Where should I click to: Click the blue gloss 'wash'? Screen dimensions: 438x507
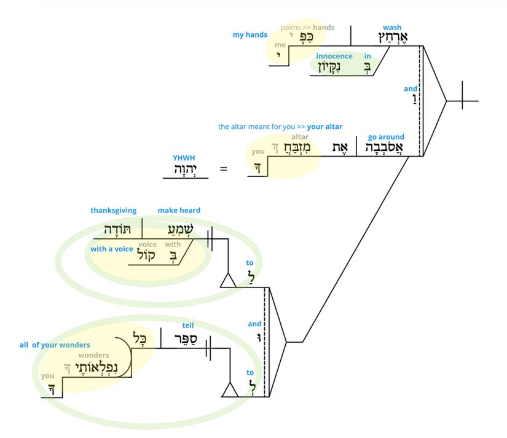[391, 28]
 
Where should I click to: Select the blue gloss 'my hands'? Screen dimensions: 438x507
[250, 35]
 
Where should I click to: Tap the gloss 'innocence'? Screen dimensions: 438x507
[334, 57]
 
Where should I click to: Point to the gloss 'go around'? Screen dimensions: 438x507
[386, 137]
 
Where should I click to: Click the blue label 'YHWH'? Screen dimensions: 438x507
[184, 158]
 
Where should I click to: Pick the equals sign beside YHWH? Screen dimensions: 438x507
[224, 167]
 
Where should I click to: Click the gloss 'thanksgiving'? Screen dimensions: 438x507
[114, 211]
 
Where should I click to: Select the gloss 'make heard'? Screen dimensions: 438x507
[179, 211]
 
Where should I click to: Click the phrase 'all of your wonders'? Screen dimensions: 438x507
[55, 345]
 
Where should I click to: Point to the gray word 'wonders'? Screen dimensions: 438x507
[93, 355]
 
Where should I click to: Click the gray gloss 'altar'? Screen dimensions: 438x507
[300, 137]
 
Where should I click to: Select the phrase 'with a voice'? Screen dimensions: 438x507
[111, 249]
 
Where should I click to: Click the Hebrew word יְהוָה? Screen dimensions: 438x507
[185, 169]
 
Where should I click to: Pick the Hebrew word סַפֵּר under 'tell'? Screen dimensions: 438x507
[183, 340]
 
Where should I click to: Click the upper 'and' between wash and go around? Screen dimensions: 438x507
[411, 89]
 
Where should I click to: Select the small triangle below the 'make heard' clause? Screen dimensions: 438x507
[229, 281]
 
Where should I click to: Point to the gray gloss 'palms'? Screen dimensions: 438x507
[291, 28]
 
